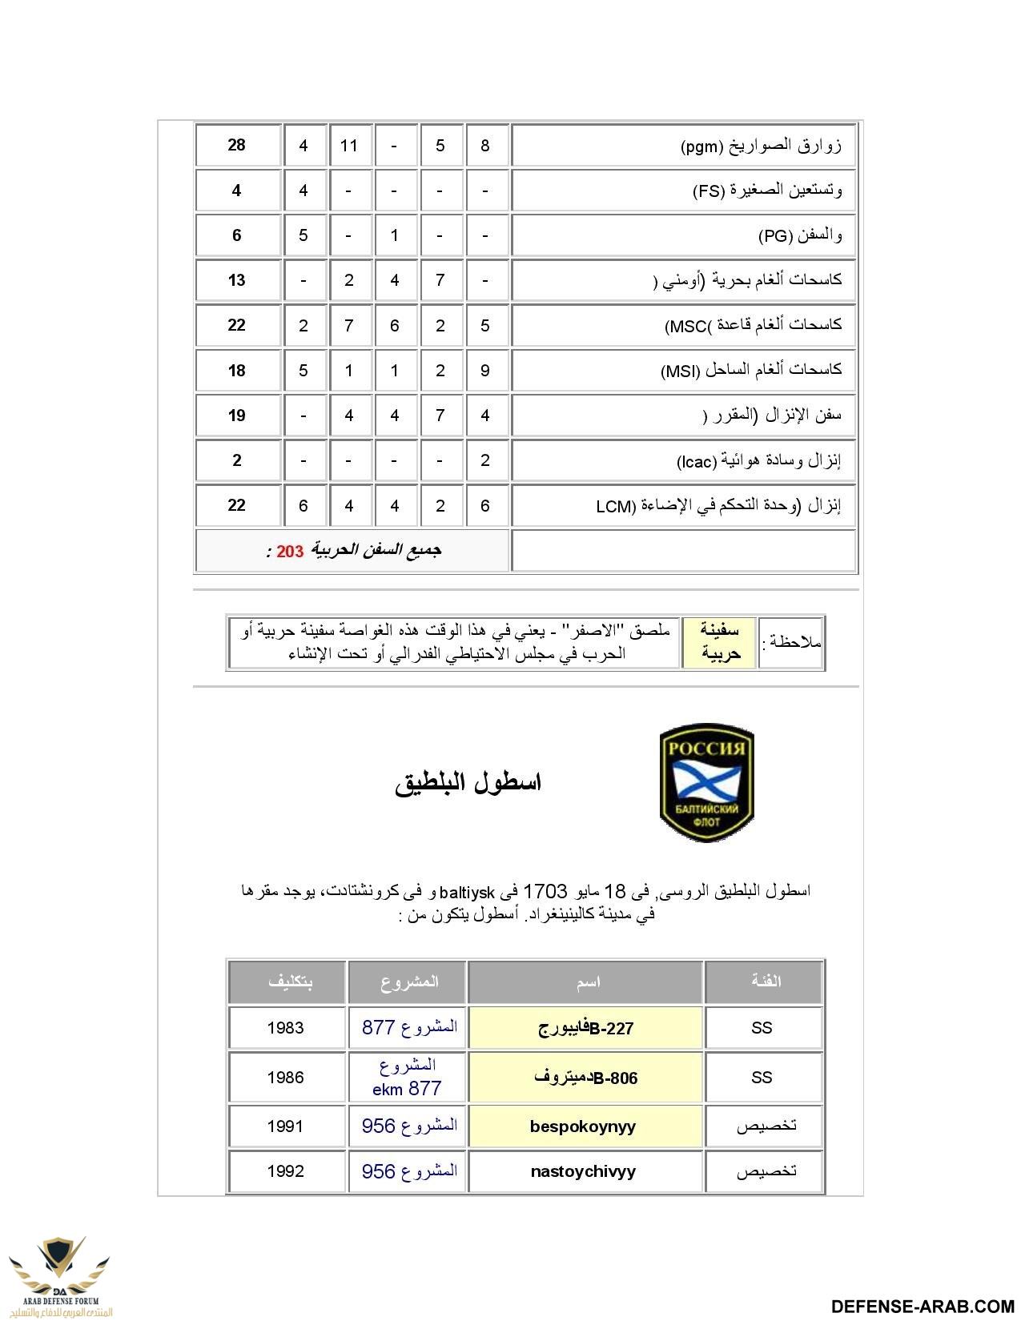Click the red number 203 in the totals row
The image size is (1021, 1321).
click(290, 552)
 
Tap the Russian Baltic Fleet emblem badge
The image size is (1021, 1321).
click(706, 782)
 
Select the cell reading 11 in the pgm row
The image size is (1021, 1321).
click(349, 146)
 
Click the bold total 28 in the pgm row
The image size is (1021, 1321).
click(236, 145)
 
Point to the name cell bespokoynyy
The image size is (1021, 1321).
click(583, 1126)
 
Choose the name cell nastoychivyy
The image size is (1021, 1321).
click(583, 1171)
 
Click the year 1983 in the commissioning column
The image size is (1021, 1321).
click(286, 1028)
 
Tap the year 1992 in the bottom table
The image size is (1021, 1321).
click(286, 1171)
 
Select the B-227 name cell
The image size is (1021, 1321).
click(585, 1029)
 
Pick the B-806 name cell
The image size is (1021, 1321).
click(585, 1078)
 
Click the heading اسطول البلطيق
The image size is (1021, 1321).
click(468, 782)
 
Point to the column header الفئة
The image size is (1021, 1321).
click(765, 982)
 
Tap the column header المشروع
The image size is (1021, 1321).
click(409, 982)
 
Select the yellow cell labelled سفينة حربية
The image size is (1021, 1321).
click(720, 642)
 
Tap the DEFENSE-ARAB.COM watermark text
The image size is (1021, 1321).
click(923, 1307)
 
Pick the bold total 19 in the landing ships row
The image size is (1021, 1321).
click(236, 416)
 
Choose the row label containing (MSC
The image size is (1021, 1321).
click(753, 325)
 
